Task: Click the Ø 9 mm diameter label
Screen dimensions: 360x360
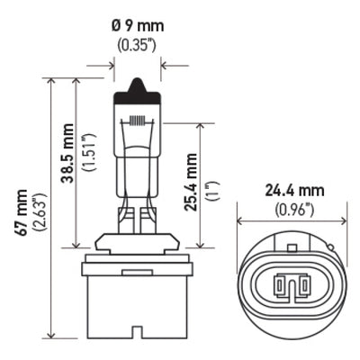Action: pyautogui.click(x=137, y=22)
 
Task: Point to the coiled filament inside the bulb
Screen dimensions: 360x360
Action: pyautogui.click(x=137, y=120)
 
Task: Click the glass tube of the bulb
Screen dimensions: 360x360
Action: pyautogui.click(x=137, y=153)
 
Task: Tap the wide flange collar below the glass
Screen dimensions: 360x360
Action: pyautogui.click(x=137, y=243)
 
